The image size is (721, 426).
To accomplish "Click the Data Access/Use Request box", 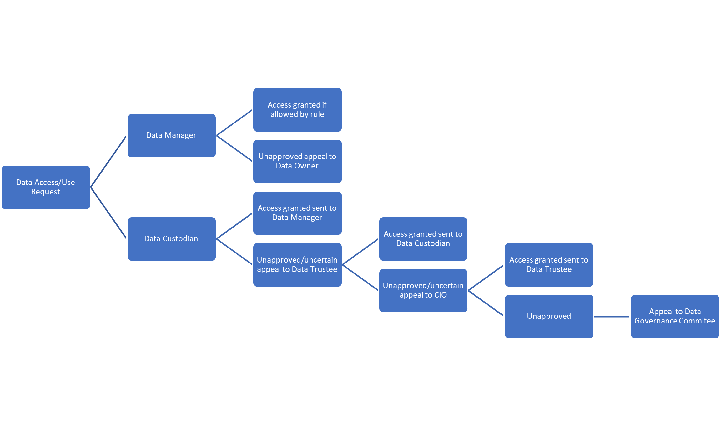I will pos(46,187).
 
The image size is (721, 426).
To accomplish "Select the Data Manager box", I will pos(171,135).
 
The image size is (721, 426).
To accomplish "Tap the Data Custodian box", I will pos(171,239).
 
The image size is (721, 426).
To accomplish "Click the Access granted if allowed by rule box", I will pos(297,110).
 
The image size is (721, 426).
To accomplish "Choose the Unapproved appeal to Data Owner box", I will pos(297,161).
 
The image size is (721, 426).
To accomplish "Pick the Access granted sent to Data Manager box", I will pos(297,213).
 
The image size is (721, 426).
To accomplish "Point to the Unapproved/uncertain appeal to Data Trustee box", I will pos(297,265).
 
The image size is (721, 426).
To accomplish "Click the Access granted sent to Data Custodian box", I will pos(423,239).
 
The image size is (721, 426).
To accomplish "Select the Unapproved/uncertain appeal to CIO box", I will pos(423,290).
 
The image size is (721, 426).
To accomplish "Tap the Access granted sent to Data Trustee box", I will pos(549,265).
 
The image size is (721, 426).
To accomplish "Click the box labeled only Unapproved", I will pos(549,316).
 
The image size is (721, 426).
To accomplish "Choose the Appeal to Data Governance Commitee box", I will pos(675,316).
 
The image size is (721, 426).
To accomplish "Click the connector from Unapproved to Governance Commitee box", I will pos(612,317).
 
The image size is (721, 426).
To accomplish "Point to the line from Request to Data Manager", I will pos(108,161).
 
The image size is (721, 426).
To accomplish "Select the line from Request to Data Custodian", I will pos(108,213).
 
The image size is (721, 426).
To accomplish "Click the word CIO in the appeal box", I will pos(440,295).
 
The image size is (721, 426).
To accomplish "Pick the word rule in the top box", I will pos(317,114).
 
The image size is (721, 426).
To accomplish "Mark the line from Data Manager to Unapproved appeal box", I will pos(234,148).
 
